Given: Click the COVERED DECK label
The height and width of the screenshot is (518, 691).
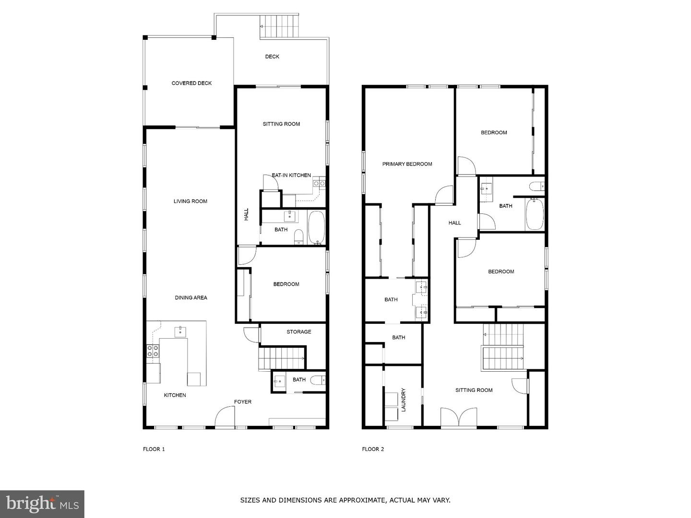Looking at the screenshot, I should tap(191, 83).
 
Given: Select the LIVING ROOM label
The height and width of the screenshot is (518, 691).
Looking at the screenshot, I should tap(191, 201).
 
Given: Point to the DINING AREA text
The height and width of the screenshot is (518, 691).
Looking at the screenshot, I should tap(191, 298).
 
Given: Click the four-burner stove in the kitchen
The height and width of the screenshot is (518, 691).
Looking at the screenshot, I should tap(153, 351).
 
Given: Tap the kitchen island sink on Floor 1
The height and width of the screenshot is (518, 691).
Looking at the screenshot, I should tap(180, 331).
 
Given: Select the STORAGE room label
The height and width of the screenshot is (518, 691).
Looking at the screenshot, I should tap(298, 332).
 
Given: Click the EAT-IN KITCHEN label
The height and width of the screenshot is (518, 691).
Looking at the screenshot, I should tap(291, 176).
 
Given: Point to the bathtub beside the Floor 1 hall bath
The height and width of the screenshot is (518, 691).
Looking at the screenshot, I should tap(316, 228).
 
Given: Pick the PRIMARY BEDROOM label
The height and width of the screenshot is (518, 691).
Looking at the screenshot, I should tap(407, 164).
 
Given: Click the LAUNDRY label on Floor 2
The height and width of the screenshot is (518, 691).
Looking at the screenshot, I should tap(404, 400).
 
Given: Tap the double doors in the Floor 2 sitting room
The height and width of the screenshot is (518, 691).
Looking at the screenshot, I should tap(459, 417).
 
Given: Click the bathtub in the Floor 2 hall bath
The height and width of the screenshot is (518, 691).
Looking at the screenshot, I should tap(535, 214).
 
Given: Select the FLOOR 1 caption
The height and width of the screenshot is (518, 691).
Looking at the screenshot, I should tap(154, 449).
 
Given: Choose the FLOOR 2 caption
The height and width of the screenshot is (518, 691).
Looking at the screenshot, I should tap(373, 449).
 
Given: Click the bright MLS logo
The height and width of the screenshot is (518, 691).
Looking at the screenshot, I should tap(42, 504).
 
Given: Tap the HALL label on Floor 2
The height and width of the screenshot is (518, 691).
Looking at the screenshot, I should tap(454, 223).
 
